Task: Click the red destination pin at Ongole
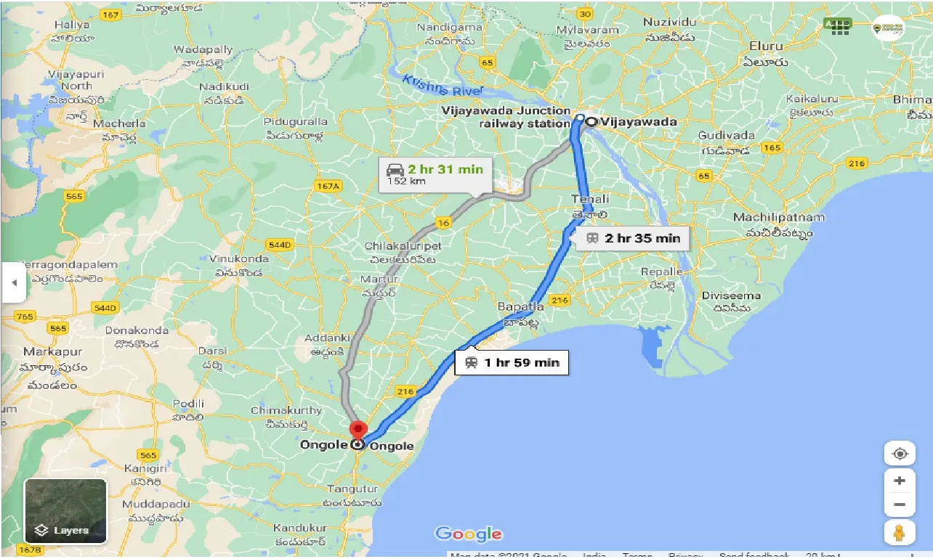[x=357, y=430]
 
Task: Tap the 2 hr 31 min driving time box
[x=435, y=174]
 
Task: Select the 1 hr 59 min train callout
[x=512, y=362]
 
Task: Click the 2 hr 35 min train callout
[x=632, y=237]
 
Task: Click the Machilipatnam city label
[x=778, y=218]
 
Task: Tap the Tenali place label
[x=590, y=199]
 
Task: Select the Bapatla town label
[x=520, y=307]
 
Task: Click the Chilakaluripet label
[x=403, y=246]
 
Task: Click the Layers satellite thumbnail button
[x=65, y=511]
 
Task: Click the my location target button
[x=900, y=454]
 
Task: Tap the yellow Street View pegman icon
[x=900, y=532]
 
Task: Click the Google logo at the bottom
[x=469, y=534]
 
